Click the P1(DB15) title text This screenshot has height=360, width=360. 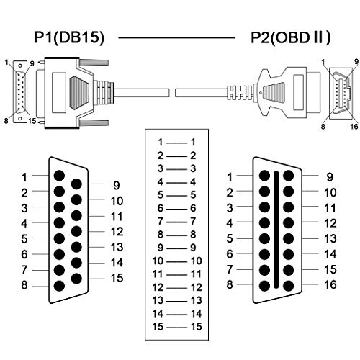[x=69, y=37]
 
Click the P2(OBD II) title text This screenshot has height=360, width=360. [x=290, y=37]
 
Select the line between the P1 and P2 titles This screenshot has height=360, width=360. [x=176, y=37]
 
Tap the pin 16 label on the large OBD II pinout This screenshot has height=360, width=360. [x=330, y=284]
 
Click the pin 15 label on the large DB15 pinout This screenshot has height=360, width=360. [x=117, y=278]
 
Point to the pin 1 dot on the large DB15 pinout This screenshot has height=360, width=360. [x=59, y=176]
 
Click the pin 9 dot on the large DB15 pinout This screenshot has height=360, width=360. [x=76, y=184]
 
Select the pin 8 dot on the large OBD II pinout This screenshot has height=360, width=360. [x=264, y=286]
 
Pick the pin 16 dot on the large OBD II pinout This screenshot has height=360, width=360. [x=288, y=286]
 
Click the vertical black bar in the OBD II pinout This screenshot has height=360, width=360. [x=276, y=230]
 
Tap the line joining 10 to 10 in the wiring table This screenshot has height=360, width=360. [x=176, y=261]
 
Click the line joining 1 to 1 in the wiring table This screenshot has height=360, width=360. [x=176, y=143]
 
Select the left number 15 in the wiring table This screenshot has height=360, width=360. [x=158, y=327]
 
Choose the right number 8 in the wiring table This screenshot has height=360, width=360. [x=193, y=235]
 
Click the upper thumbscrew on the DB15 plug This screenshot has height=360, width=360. [x=94, y=63]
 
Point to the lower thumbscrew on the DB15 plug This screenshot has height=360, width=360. [x=94, y=123]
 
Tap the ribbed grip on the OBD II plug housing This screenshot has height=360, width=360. [x=274, y=92]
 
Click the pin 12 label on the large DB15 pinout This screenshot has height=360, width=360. [x=117, y=232]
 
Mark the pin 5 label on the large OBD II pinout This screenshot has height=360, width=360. [x=230, y=238]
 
